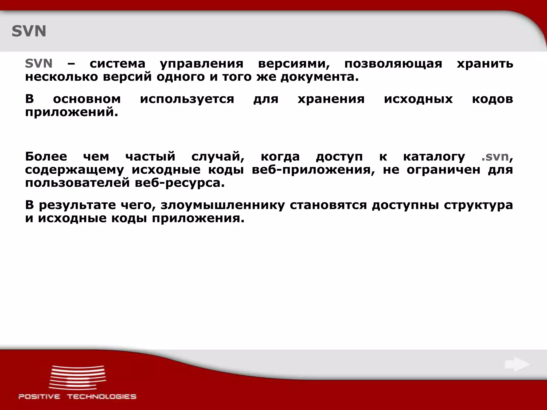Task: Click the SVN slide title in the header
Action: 29,31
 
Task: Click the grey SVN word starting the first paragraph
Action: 38,64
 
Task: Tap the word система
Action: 117,64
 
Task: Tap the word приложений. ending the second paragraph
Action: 72,112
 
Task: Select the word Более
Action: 46,156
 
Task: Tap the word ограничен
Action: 443,170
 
